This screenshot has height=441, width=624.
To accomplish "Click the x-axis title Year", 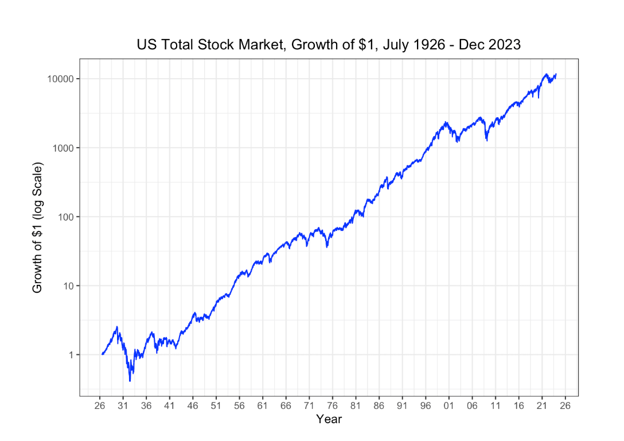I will [x=329, y=419].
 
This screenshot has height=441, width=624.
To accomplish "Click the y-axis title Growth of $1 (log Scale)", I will [x=38, y=228].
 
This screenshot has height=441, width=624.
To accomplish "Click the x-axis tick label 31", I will [x=123, y=405].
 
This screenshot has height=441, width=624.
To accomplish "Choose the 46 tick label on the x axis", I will [x=193, y=405].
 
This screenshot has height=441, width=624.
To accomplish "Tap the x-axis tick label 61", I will [x=262, y=405].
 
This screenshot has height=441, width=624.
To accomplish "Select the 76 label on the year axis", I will [x=332, y=405].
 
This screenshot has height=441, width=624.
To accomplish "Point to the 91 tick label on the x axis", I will [x=402, y=405].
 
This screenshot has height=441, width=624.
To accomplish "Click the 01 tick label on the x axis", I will [x=448, y=405].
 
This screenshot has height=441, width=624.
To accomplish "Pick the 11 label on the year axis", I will [x=495, y=405].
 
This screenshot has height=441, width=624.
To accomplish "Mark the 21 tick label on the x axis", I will [x=541, y=405].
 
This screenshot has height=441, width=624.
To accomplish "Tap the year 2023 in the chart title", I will [x=505, y=45].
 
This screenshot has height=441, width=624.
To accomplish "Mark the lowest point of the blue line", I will [x=130, y=381].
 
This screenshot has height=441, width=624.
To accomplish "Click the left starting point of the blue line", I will [x=102, y=354].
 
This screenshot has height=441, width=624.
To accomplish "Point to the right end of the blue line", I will [x=556, y=74].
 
